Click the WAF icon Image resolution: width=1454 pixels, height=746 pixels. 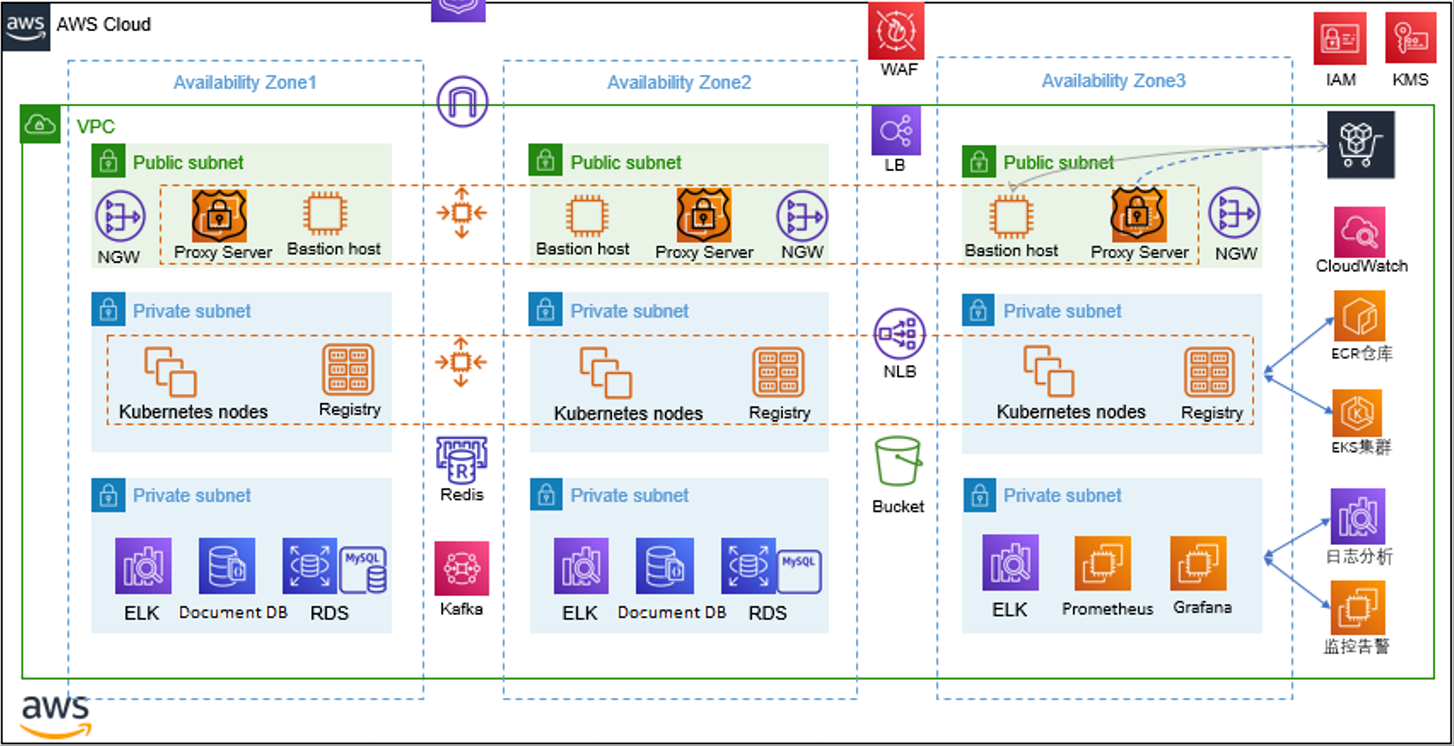896,31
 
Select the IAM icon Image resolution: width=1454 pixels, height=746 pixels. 1339,39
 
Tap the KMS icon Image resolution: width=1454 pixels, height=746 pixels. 1410,39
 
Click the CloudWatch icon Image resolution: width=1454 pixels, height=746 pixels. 1359,232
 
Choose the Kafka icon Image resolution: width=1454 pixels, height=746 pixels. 461,568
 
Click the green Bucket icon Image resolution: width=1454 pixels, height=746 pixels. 898,461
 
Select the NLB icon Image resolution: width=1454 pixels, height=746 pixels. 899,334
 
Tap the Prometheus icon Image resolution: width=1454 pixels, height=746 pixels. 1102,563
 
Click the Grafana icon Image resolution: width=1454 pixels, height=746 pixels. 1198,563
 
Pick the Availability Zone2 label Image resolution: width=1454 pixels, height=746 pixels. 679,82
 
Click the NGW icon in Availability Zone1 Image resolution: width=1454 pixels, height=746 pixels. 120,216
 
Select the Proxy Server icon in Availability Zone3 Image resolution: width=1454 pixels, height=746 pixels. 1138,215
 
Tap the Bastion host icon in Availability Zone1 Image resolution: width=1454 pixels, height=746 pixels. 325,213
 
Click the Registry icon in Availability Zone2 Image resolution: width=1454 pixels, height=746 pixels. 778,372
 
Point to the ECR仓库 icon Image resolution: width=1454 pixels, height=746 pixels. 1359,316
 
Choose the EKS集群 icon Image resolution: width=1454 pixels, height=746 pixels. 1357,413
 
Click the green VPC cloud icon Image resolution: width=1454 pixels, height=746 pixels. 39,124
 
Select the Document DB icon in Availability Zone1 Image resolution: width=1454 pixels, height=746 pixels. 226,566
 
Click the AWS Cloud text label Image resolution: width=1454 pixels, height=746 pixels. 103,24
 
